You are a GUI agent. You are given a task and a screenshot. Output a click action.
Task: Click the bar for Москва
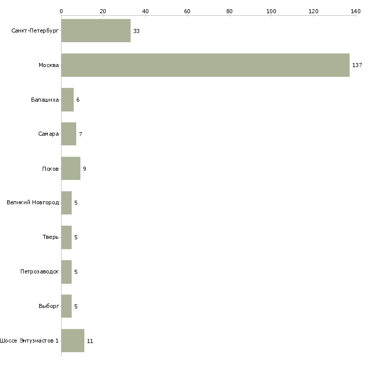click(205, 65)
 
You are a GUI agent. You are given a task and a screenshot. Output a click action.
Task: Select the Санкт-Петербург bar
click(96, 30)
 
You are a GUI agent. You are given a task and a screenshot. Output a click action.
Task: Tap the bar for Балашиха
click(68, 100)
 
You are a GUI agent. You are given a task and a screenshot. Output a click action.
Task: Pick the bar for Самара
click(69, 134)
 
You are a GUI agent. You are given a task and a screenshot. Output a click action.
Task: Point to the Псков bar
click(71, 168)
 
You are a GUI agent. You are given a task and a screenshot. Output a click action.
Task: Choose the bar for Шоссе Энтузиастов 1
click(73, 341)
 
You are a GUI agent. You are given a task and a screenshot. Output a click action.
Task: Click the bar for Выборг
click(67, 306)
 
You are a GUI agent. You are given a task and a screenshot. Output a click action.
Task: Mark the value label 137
click(357, 65)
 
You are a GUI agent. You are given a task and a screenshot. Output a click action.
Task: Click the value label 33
click(136, 31)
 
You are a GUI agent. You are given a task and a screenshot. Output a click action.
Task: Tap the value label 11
click(90, 341)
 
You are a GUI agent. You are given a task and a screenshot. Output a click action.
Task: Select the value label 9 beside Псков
click(84, 169)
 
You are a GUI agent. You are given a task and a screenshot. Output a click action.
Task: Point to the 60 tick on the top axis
click(188, 15)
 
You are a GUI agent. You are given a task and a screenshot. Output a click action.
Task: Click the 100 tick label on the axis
click(271, 11)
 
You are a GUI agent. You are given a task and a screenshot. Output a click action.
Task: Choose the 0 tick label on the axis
click(61, 11)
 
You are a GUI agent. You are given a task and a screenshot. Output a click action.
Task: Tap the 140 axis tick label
click(356, 11)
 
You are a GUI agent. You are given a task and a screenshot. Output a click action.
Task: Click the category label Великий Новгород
click(33, 203)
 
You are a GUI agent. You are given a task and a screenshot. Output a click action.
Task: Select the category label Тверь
click(50, 237)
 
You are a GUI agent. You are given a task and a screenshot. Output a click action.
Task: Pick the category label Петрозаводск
click(39, 271)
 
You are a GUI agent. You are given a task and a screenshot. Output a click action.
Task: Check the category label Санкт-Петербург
click(35, 31)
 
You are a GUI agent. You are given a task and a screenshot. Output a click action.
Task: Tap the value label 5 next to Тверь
click(76, 237)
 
